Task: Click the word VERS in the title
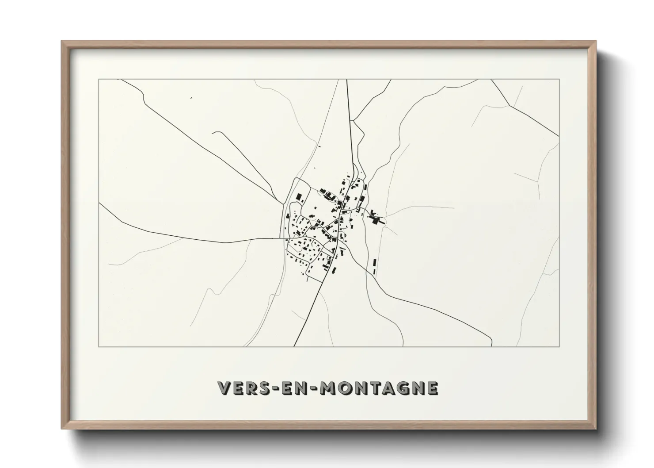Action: pos(241,388)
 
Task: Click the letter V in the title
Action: pos(224,388)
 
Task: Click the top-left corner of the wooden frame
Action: pos(62,41)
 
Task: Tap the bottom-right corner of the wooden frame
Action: pos(596,429)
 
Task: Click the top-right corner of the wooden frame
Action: pos(596,41)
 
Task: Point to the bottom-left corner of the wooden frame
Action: pos(62,429)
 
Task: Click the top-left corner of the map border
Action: pos(99,79)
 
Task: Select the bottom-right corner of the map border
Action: pos(559,347)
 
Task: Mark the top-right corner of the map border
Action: pos(559,79)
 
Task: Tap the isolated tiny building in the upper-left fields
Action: pos(191,98)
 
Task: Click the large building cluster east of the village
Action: pos(376,218)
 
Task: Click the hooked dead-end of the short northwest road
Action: pos(213,132)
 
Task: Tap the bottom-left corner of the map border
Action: pos(99,347)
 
